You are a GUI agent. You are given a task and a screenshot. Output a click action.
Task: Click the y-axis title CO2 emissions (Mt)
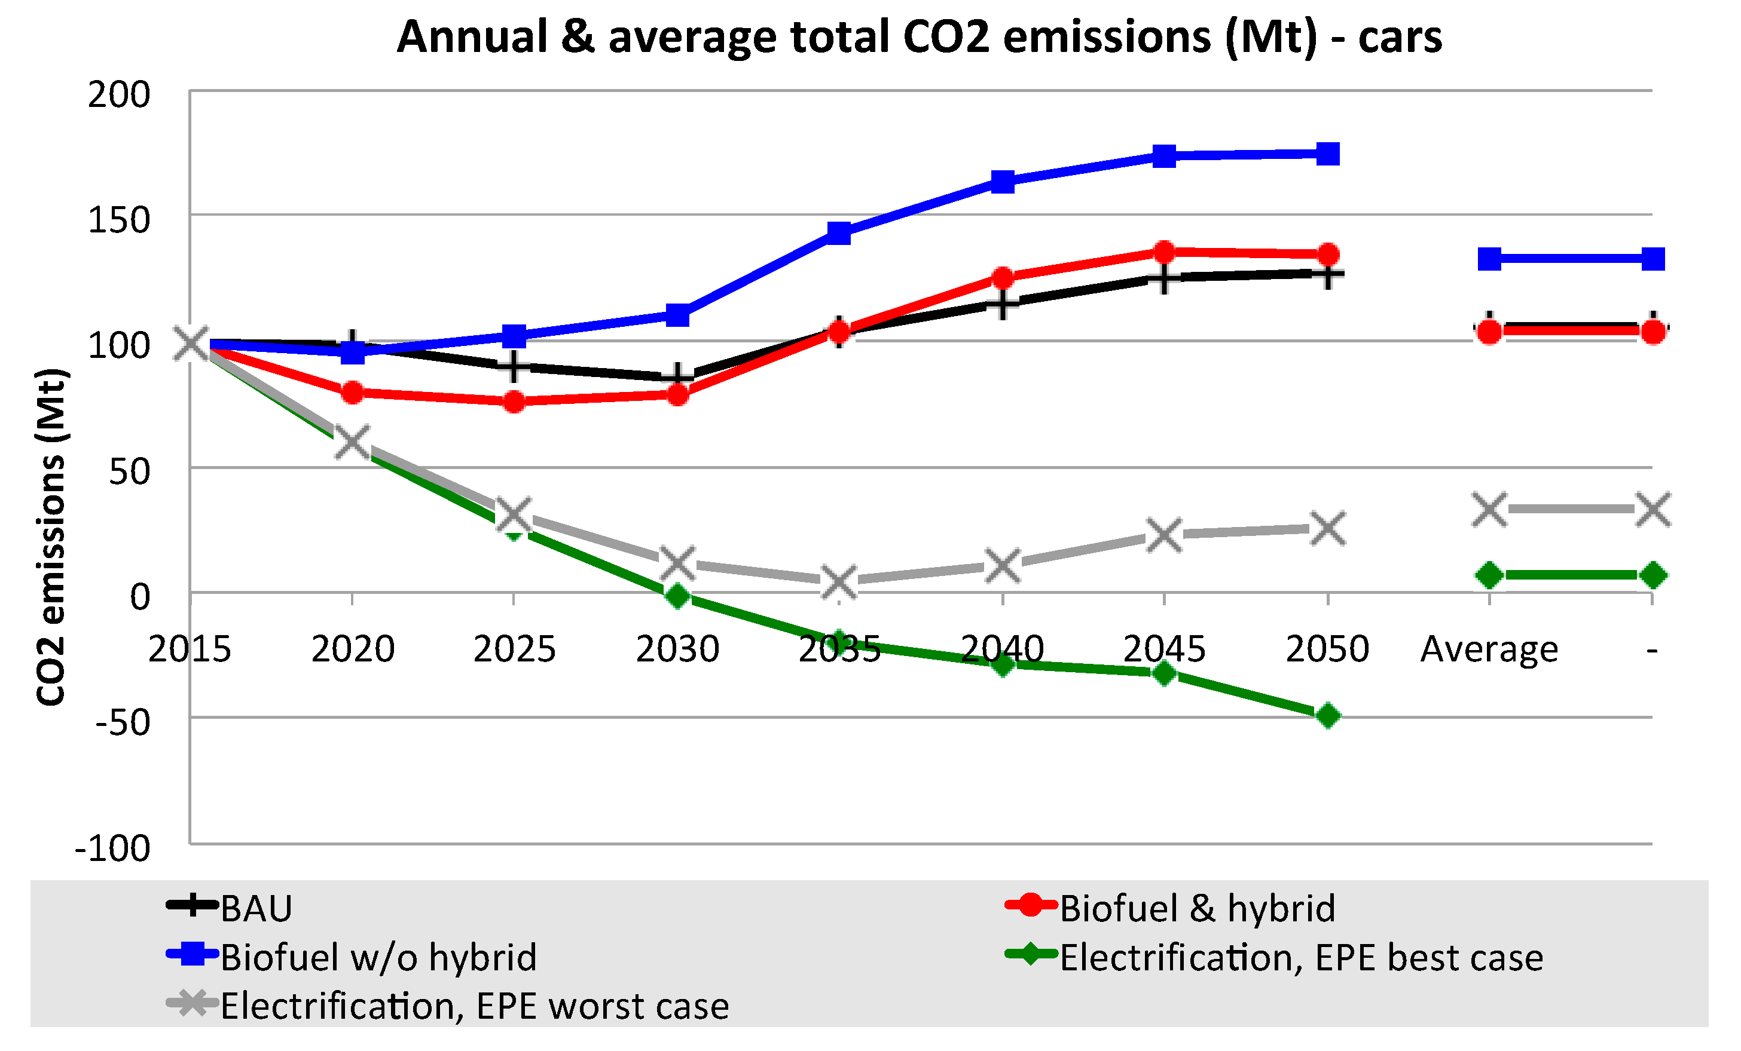51,537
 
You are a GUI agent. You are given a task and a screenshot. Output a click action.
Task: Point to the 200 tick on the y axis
119,94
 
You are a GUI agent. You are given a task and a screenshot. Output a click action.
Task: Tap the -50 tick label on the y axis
121,722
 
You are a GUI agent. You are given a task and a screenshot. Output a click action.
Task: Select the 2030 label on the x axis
677,648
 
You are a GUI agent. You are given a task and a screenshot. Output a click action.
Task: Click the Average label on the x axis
1489,648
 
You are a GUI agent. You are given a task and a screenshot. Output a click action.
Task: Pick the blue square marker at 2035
839,232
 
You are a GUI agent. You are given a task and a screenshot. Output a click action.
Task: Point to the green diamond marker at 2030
677,596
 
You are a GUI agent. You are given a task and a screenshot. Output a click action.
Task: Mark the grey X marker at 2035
839,582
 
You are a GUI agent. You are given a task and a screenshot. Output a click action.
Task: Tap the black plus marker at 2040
1002,304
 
